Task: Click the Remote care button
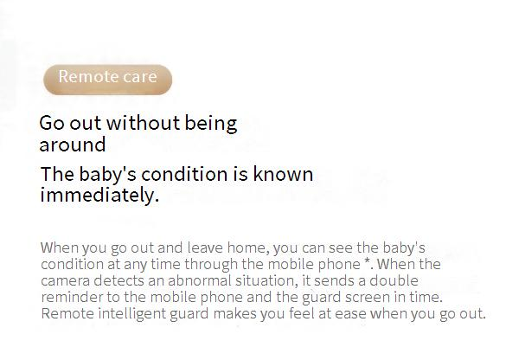pos(107,80)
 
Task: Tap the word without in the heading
pos(144,122)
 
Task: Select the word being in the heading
pos(211,124)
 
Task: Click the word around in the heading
pos(73,145)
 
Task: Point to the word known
pos(283,174)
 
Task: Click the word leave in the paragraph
pos(205,247)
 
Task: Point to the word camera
pos(65,281)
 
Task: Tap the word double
pos(394,280)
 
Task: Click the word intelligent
pos(132,314)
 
